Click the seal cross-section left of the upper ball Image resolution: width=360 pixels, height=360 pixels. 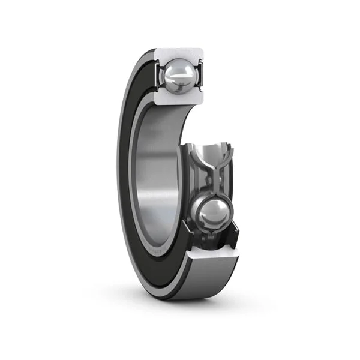click(x=159, y=75)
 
